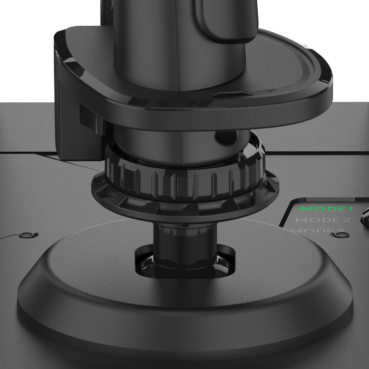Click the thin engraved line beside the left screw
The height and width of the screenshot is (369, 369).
click(11, 237)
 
